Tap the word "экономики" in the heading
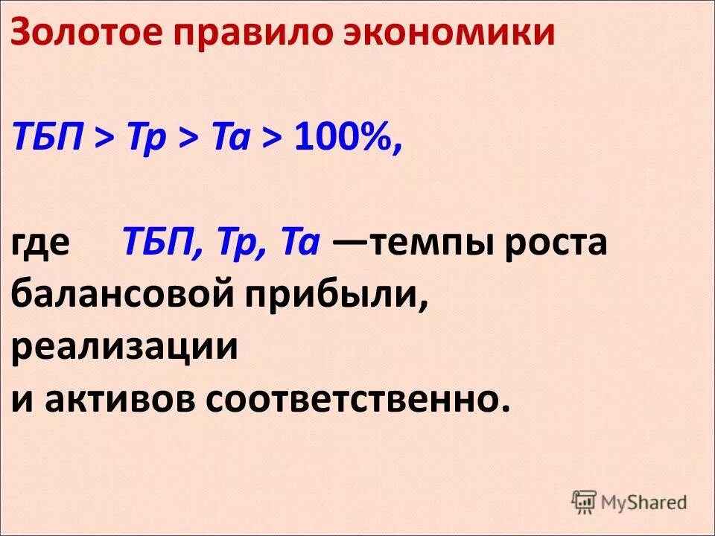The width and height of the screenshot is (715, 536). click(x=448, y=33)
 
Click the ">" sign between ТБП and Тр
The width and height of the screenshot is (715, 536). click(x=104, y=139)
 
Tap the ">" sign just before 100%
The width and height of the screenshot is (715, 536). click(x=271, y=139)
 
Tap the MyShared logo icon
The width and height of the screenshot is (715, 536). click(x=585, y=502)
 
